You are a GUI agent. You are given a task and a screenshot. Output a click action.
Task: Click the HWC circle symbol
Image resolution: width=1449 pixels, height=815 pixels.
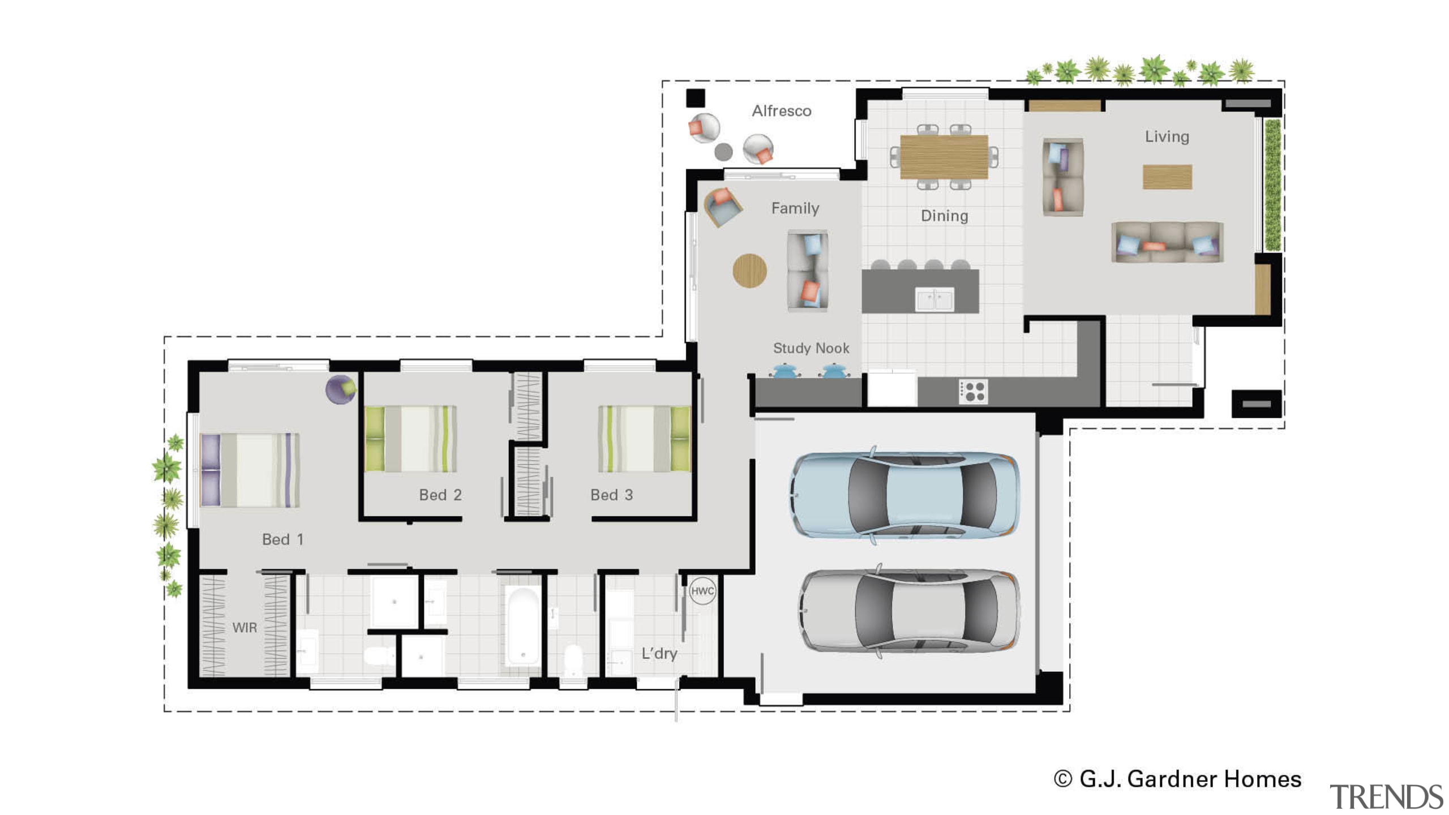pyautogui.click(x=702, y=591)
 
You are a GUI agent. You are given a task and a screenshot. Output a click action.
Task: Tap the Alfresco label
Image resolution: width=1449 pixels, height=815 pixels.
pyautogui.click(x=781, y=111)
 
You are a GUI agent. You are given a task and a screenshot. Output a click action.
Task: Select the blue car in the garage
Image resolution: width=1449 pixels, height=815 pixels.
pyautogui.click(x=904, y=495)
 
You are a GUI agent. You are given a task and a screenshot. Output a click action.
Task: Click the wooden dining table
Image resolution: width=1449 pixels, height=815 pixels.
pyautogui.click(x=944, y=156)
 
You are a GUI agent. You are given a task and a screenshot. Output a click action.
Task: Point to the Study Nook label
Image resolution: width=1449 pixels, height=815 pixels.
pyautogui.click(x=811, y=348)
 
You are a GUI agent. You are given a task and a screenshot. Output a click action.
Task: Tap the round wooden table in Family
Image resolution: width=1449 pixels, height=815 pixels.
pyautogui.click(x=749, y=271)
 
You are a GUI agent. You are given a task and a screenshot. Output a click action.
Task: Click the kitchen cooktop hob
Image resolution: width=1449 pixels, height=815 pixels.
pyautogui.click(x=973, y=391)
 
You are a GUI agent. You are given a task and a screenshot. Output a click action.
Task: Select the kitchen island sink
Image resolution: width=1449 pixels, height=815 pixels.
pyautogui.click(x=934, y=299)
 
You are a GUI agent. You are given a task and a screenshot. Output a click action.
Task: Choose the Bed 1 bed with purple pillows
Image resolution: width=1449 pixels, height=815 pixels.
pyautogui.click(x=250, y=470)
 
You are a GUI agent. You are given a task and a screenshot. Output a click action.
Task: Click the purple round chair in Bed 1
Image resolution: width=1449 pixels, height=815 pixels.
pyautogui.click(x=341, y=389)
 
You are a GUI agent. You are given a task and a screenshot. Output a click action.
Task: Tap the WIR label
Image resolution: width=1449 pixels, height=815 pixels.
pyautogui.click(x=245, y=628)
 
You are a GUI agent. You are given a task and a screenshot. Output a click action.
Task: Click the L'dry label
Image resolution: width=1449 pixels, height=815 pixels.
pyautogui.click(x=659, y=654)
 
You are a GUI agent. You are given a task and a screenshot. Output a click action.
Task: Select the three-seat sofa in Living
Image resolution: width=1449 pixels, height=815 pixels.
pyautogui.click(x=1167, y=242)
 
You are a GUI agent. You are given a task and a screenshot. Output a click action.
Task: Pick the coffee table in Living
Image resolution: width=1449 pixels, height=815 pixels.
pyautogui.click(x=1167, y=177)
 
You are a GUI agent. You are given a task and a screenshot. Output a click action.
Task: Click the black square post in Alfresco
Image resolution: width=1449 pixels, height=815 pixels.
pyautogui.click(x=696, y=98)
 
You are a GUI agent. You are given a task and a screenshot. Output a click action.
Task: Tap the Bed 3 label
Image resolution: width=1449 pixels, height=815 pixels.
pyautogui.click(x=611, y=495)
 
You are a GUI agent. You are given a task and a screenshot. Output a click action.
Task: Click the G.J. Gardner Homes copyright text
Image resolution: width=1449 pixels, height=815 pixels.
pyautogui.click(x=1177, y=779)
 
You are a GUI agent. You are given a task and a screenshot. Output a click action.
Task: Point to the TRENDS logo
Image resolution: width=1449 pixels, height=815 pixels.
pyautogui.click(x=1386, y=797)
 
